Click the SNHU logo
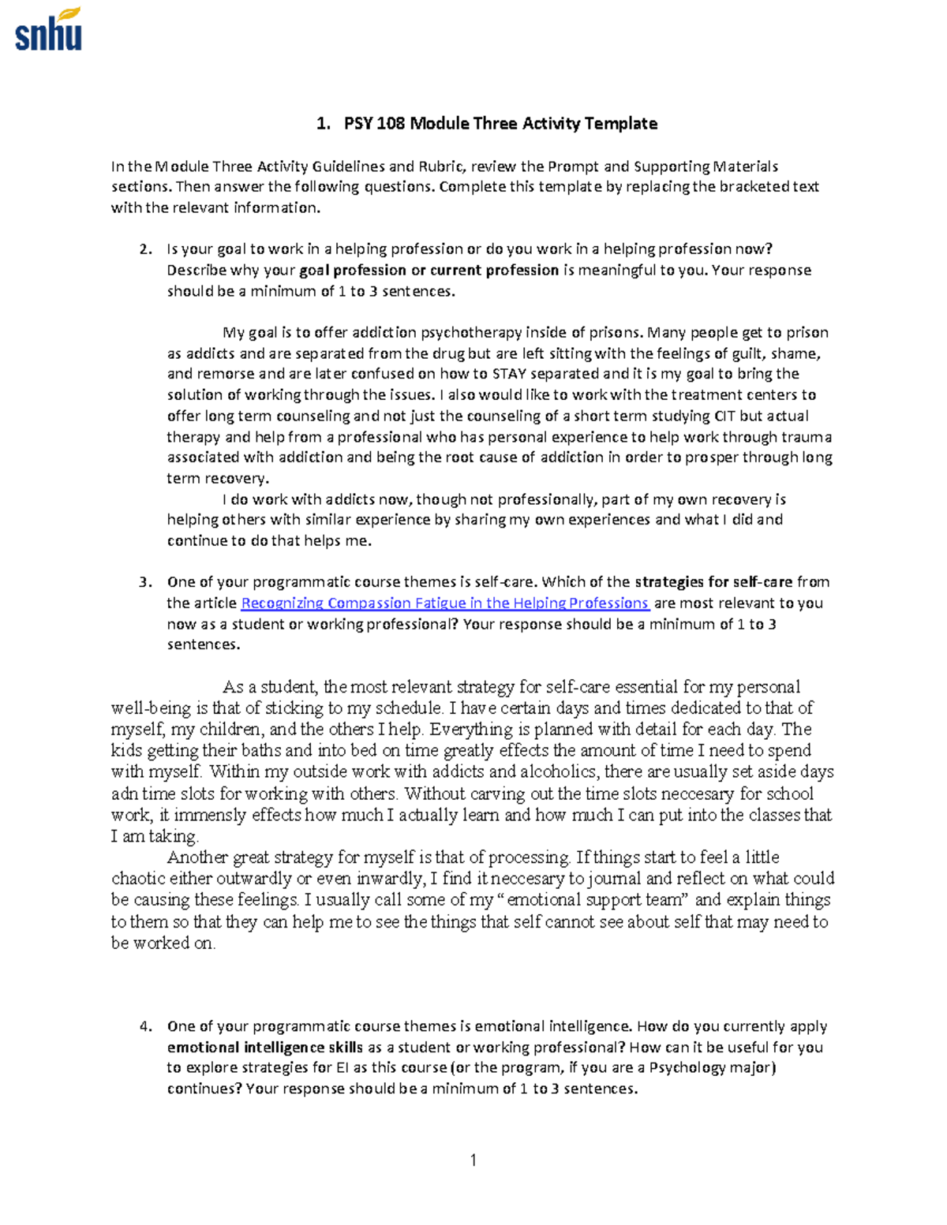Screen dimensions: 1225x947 48,29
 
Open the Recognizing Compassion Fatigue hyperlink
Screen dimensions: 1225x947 444,603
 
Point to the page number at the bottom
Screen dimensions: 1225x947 473,1160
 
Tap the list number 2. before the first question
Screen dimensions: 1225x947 145,249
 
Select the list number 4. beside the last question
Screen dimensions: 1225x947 145,1026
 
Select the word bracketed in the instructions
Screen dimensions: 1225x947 748,187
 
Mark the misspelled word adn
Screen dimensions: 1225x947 125,794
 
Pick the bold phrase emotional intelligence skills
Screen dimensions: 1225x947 265,1048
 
